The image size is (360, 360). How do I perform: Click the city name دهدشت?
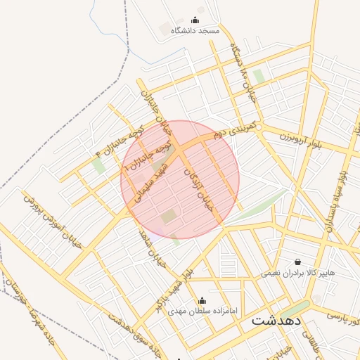[x=276, y=320]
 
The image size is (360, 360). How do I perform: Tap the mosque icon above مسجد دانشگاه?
[x=195, y=20]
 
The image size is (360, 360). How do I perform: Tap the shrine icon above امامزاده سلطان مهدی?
[x=202, y=300]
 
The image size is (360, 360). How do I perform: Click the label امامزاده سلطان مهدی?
[x=204, y=311]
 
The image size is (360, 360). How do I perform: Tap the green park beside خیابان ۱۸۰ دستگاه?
[x=259, y=77]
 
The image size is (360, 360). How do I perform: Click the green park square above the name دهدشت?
[x=295, y=308]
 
